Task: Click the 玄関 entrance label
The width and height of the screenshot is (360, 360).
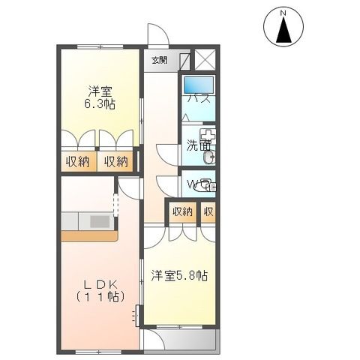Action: click(159, 60)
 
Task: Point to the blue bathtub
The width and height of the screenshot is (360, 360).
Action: click(199, 84)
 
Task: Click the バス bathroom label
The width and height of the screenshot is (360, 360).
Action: click(197, 98)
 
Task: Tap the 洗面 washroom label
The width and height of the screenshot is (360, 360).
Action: click(197, 148)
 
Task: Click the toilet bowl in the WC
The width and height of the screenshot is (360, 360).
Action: click(208, 184)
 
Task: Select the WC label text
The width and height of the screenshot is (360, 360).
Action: click(195, 184)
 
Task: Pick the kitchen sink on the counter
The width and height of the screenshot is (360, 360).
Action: click(100, 221)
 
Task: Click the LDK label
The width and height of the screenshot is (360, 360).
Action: click(98, 284)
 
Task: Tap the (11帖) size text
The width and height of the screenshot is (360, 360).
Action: click(98, 298)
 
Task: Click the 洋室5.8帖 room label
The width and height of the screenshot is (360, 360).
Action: click(178, 275)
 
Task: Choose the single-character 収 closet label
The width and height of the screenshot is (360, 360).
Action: click(208, 211)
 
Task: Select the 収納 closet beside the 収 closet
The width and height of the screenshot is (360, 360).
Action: click(182, 211)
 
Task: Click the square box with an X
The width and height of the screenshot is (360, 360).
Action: click(205, 61)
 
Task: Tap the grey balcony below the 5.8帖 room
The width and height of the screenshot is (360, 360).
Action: click(180, 339)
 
